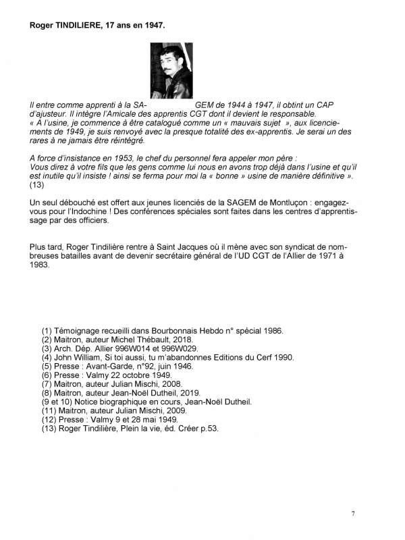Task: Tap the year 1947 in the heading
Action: pos(152,25)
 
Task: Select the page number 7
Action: pos(353,514)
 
